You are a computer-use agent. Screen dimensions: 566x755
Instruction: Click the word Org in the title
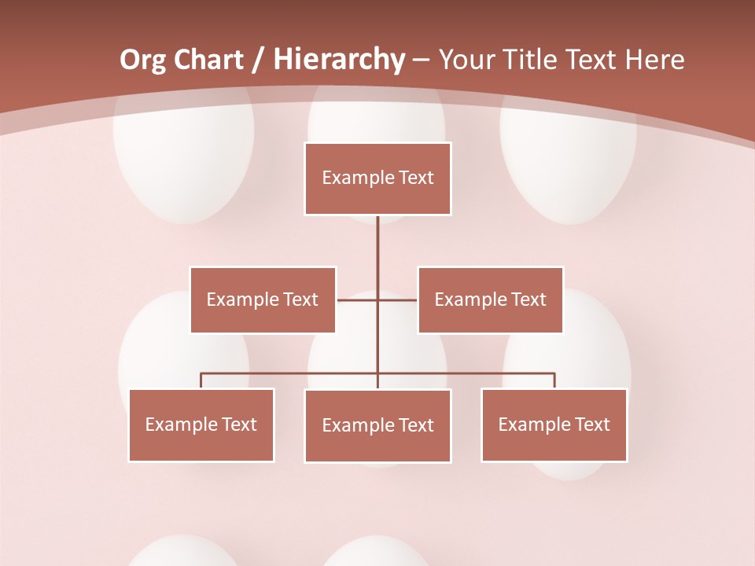142,60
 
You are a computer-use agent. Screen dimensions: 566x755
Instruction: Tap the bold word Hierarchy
339,60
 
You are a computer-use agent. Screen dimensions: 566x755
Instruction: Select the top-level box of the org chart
377,178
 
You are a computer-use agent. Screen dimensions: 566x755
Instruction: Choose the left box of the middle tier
263,300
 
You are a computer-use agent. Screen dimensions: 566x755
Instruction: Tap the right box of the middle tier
490,300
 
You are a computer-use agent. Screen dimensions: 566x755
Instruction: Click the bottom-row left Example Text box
201,424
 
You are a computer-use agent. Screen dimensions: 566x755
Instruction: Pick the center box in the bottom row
377,425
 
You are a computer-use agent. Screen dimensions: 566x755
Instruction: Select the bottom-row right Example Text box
554,424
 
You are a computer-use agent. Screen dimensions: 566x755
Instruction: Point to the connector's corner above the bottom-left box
201,373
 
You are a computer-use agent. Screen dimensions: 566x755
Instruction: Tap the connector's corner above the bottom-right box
554,373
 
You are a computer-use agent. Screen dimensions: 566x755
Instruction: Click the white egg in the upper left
183,161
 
